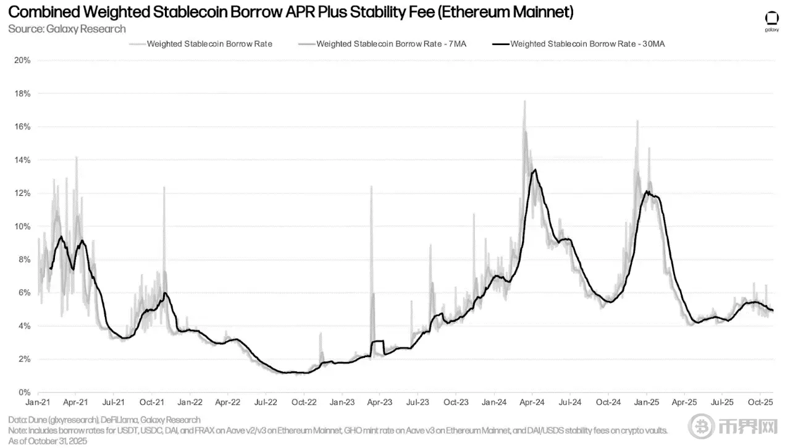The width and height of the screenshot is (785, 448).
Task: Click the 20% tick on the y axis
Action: coord(22,61)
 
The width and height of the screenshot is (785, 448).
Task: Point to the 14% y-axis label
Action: coord(22,160)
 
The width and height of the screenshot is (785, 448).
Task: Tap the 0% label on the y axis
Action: coord(24,392)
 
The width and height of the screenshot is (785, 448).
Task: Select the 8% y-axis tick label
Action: coord(24,260)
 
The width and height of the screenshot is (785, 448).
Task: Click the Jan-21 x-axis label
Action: coord(38,402)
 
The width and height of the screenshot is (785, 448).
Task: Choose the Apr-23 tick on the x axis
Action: coord(379,402)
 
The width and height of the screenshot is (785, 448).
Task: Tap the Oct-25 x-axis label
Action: coord(760,402)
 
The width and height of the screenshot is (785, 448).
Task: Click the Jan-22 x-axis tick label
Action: coord(190,402)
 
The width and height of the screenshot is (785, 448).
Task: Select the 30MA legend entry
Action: coord(587,44)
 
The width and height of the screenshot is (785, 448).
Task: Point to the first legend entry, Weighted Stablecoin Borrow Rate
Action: coord(209,44)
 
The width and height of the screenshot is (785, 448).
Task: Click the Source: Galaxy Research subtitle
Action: coord(67,29)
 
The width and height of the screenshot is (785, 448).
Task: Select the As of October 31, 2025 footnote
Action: coord(48,441)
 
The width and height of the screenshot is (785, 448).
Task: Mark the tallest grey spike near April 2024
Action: coord(524,101)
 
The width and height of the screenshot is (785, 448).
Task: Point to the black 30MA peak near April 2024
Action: coord(534,170)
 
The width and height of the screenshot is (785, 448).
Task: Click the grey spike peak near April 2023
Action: coord(371,186)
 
